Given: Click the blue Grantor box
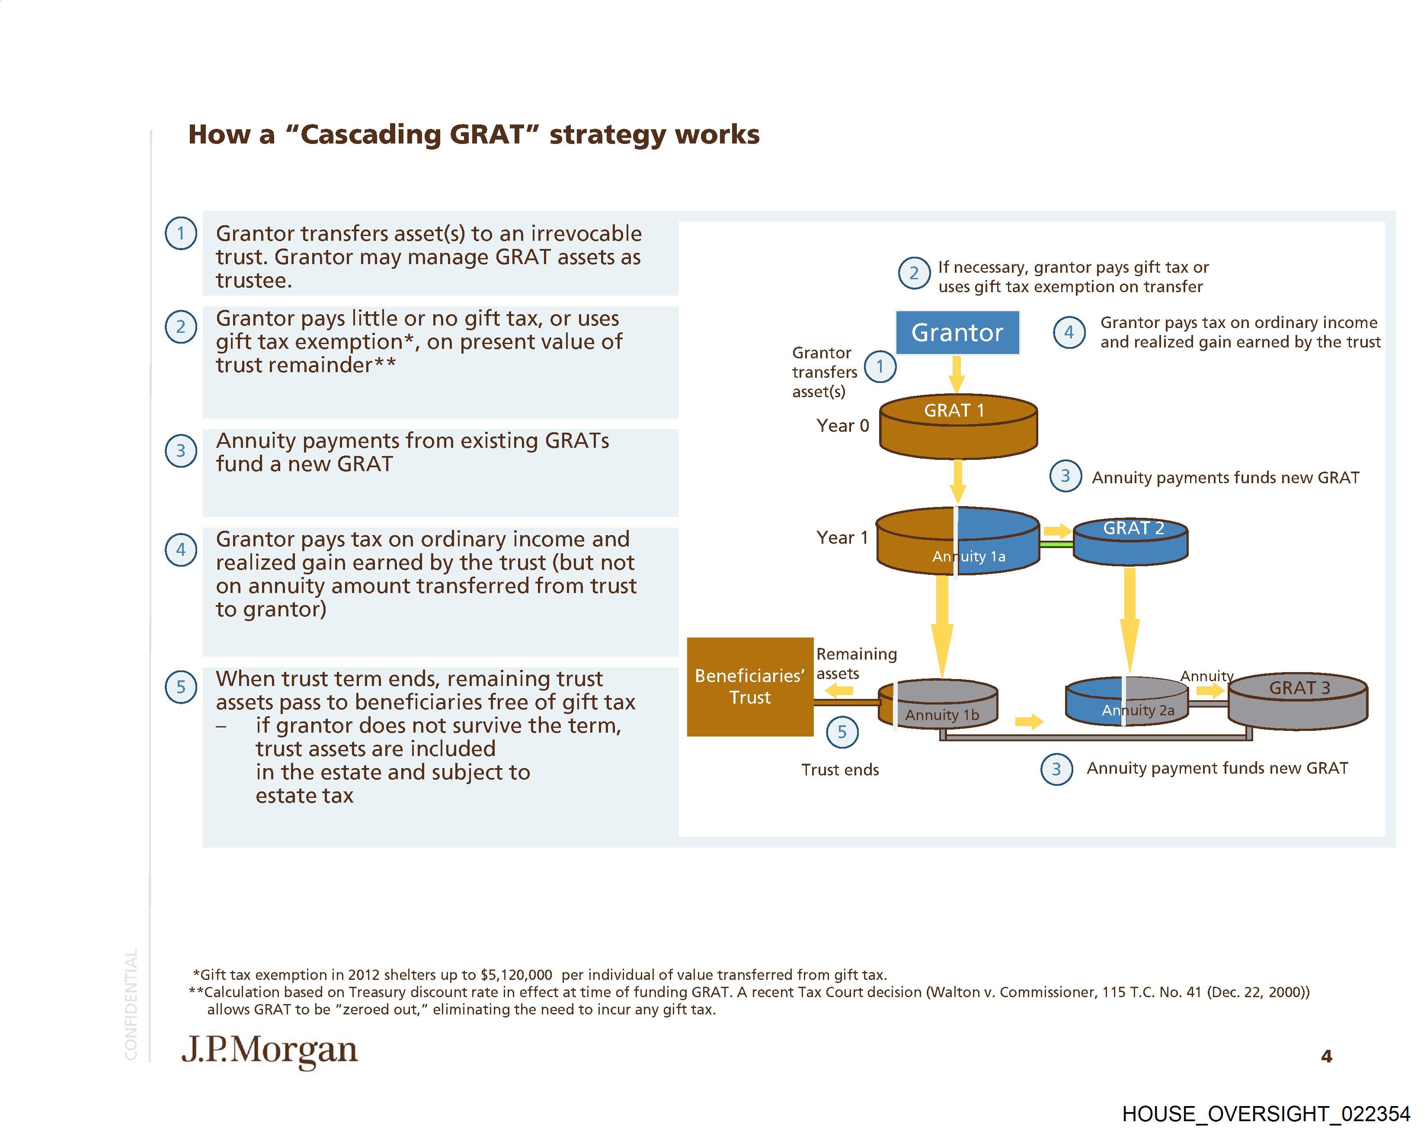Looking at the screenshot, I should (957, 332).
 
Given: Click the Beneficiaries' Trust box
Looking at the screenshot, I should (750, 687).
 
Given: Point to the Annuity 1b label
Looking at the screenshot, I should (941, 714).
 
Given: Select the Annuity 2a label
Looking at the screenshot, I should (1138, 710).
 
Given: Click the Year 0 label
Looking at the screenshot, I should (842, 425).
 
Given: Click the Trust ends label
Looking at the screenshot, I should (840, 769).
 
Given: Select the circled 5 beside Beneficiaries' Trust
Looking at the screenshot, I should (842, 732).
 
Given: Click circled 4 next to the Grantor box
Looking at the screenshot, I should (1069, 332).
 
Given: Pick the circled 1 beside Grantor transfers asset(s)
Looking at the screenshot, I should (880, 366).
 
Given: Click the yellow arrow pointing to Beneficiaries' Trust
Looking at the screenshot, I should (840, 691).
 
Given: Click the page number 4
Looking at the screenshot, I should (1326, 1056).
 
